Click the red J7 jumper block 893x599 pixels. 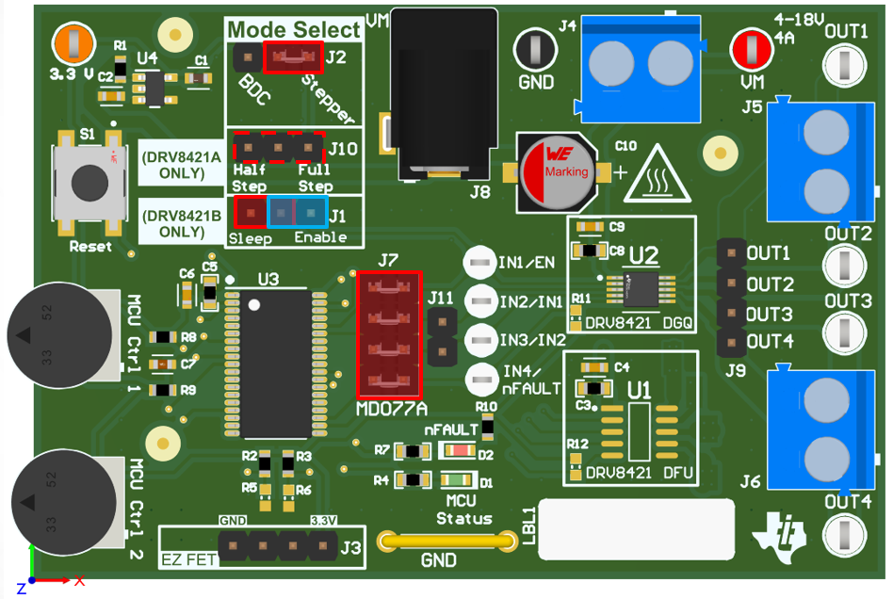pyautogui.click(x=389, y=334)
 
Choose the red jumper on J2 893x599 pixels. pyautogui.click(x=294, y=58)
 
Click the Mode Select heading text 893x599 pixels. pyautogui.click(x=294, y=29)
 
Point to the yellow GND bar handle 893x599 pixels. pyautogui.click(x=438, y=542)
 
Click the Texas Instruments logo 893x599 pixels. pyautogui.click(x=781, y=534)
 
